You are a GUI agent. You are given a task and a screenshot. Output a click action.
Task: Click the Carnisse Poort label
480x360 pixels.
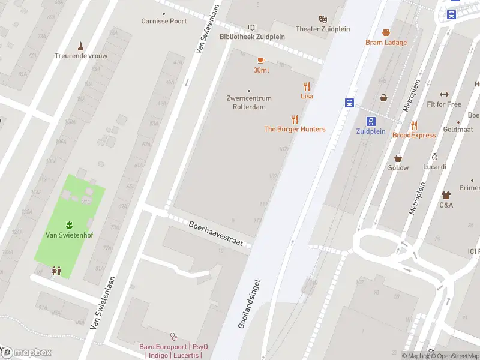[x=164, y=21]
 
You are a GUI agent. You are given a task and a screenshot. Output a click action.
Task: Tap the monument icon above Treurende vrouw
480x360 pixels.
[x=80, y=46]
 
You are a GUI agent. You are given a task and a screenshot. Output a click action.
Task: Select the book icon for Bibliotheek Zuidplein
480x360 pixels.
[x=252, y=27]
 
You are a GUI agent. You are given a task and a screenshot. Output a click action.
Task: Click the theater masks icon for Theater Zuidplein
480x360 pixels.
[x=323, y=19]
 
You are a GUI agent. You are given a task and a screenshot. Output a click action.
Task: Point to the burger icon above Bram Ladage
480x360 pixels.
[x=386, y=32]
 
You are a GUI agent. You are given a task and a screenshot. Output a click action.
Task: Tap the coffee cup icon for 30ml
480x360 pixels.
[x=261, y=60]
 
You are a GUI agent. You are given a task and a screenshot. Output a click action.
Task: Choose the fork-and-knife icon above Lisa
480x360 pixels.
[x=307, y=86]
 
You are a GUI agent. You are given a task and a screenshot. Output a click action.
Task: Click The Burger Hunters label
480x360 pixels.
[x=295, y=129]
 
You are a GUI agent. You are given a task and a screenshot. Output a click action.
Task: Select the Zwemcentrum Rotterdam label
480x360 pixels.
[x=249, y=103]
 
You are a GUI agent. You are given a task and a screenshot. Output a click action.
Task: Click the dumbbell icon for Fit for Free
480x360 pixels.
[x=444, y=94]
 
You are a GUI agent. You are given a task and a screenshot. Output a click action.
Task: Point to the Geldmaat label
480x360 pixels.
[x=458, y=129]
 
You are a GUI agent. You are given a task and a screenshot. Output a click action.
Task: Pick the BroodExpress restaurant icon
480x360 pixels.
[x=414, y=125]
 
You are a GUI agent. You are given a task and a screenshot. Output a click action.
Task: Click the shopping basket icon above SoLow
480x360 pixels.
[x=398, y=158]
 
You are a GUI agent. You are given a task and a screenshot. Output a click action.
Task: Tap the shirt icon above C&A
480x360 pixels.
[x=446, y=195]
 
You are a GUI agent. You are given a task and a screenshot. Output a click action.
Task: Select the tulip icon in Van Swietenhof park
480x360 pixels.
[x=69, y=224]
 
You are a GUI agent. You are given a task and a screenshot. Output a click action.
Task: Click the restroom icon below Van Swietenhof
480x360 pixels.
[x=56, y=271]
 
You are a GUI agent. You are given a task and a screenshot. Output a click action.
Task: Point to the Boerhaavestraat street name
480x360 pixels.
[x=215, y=233]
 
